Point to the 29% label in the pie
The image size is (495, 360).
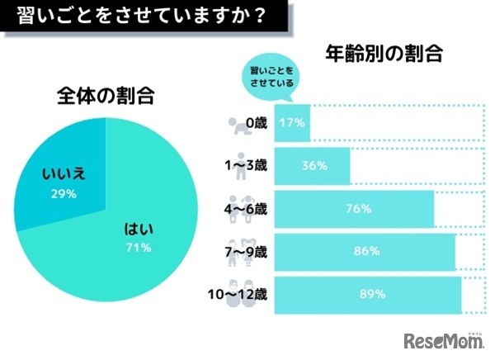click(x=64, y=194)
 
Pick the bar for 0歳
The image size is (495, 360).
click(x=292, y=123)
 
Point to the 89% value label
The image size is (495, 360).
click(x=366, y=292)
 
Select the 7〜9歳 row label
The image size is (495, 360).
click(x=250, y=250)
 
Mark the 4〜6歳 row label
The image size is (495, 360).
click(x=250, y=208)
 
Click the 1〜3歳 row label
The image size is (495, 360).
click(x=250, y=166)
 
